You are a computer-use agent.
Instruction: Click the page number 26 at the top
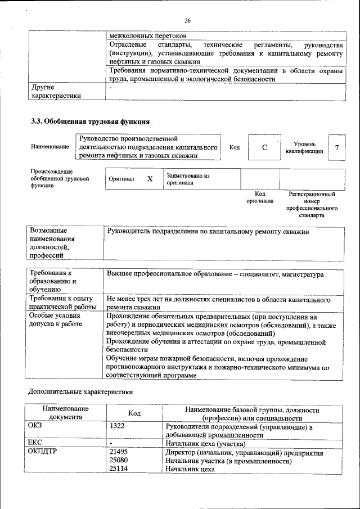click(x=188, y=21)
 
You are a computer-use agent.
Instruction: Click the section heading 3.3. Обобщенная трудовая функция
click(x=89, y=121)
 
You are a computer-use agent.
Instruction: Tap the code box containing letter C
click(x=264, y=148)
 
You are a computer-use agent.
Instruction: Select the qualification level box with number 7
click(x=336, y=148)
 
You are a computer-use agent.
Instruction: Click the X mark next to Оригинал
click(x=150, y=179)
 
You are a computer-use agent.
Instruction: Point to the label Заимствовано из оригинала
click(x=188, y=179)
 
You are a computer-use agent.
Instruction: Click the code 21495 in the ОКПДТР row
click(x=118, y=452)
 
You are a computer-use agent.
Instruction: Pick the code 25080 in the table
click(x=118, y=461)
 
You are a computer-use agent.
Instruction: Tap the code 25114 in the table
click(x=118, y=469)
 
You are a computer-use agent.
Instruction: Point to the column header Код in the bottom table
click(x=134, y=413)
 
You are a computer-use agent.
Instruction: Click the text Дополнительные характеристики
click(x=81, y=390)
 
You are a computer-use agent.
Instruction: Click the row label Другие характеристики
click(x=55, y=91)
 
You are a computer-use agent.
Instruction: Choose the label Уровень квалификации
click(x=304, y=148)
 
